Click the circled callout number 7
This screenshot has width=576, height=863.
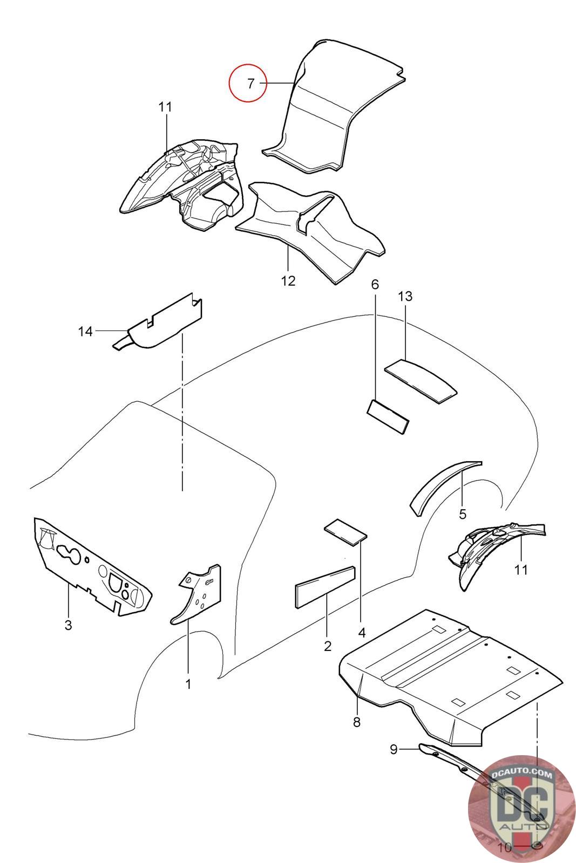tap(250, 84)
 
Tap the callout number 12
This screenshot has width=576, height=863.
tap(288, 280)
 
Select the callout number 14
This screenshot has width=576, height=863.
tap(85, 331)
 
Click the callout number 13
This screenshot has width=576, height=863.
tap(405, 296)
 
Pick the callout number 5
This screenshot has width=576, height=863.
tap(463, 513)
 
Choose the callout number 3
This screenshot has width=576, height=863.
tap(68, 625)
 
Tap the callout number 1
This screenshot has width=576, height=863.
tap(188, 684)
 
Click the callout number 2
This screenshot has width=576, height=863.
tap(328, 646)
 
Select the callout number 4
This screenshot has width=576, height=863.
tap(362, 632)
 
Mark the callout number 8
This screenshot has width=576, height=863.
tap(356, 722)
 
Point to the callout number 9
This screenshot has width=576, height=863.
tap(394, 749)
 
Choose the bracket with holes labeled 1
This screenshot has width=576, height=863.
tap(200, 593)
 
